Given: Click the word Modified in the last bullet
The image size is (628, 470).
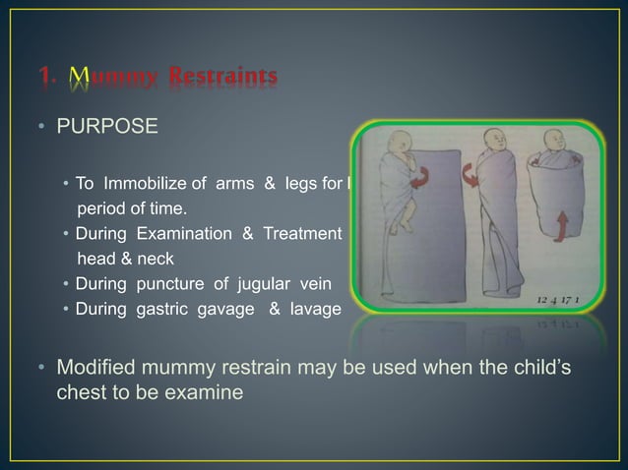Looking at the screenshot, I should pyautogui.click(x=98, y=369).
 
